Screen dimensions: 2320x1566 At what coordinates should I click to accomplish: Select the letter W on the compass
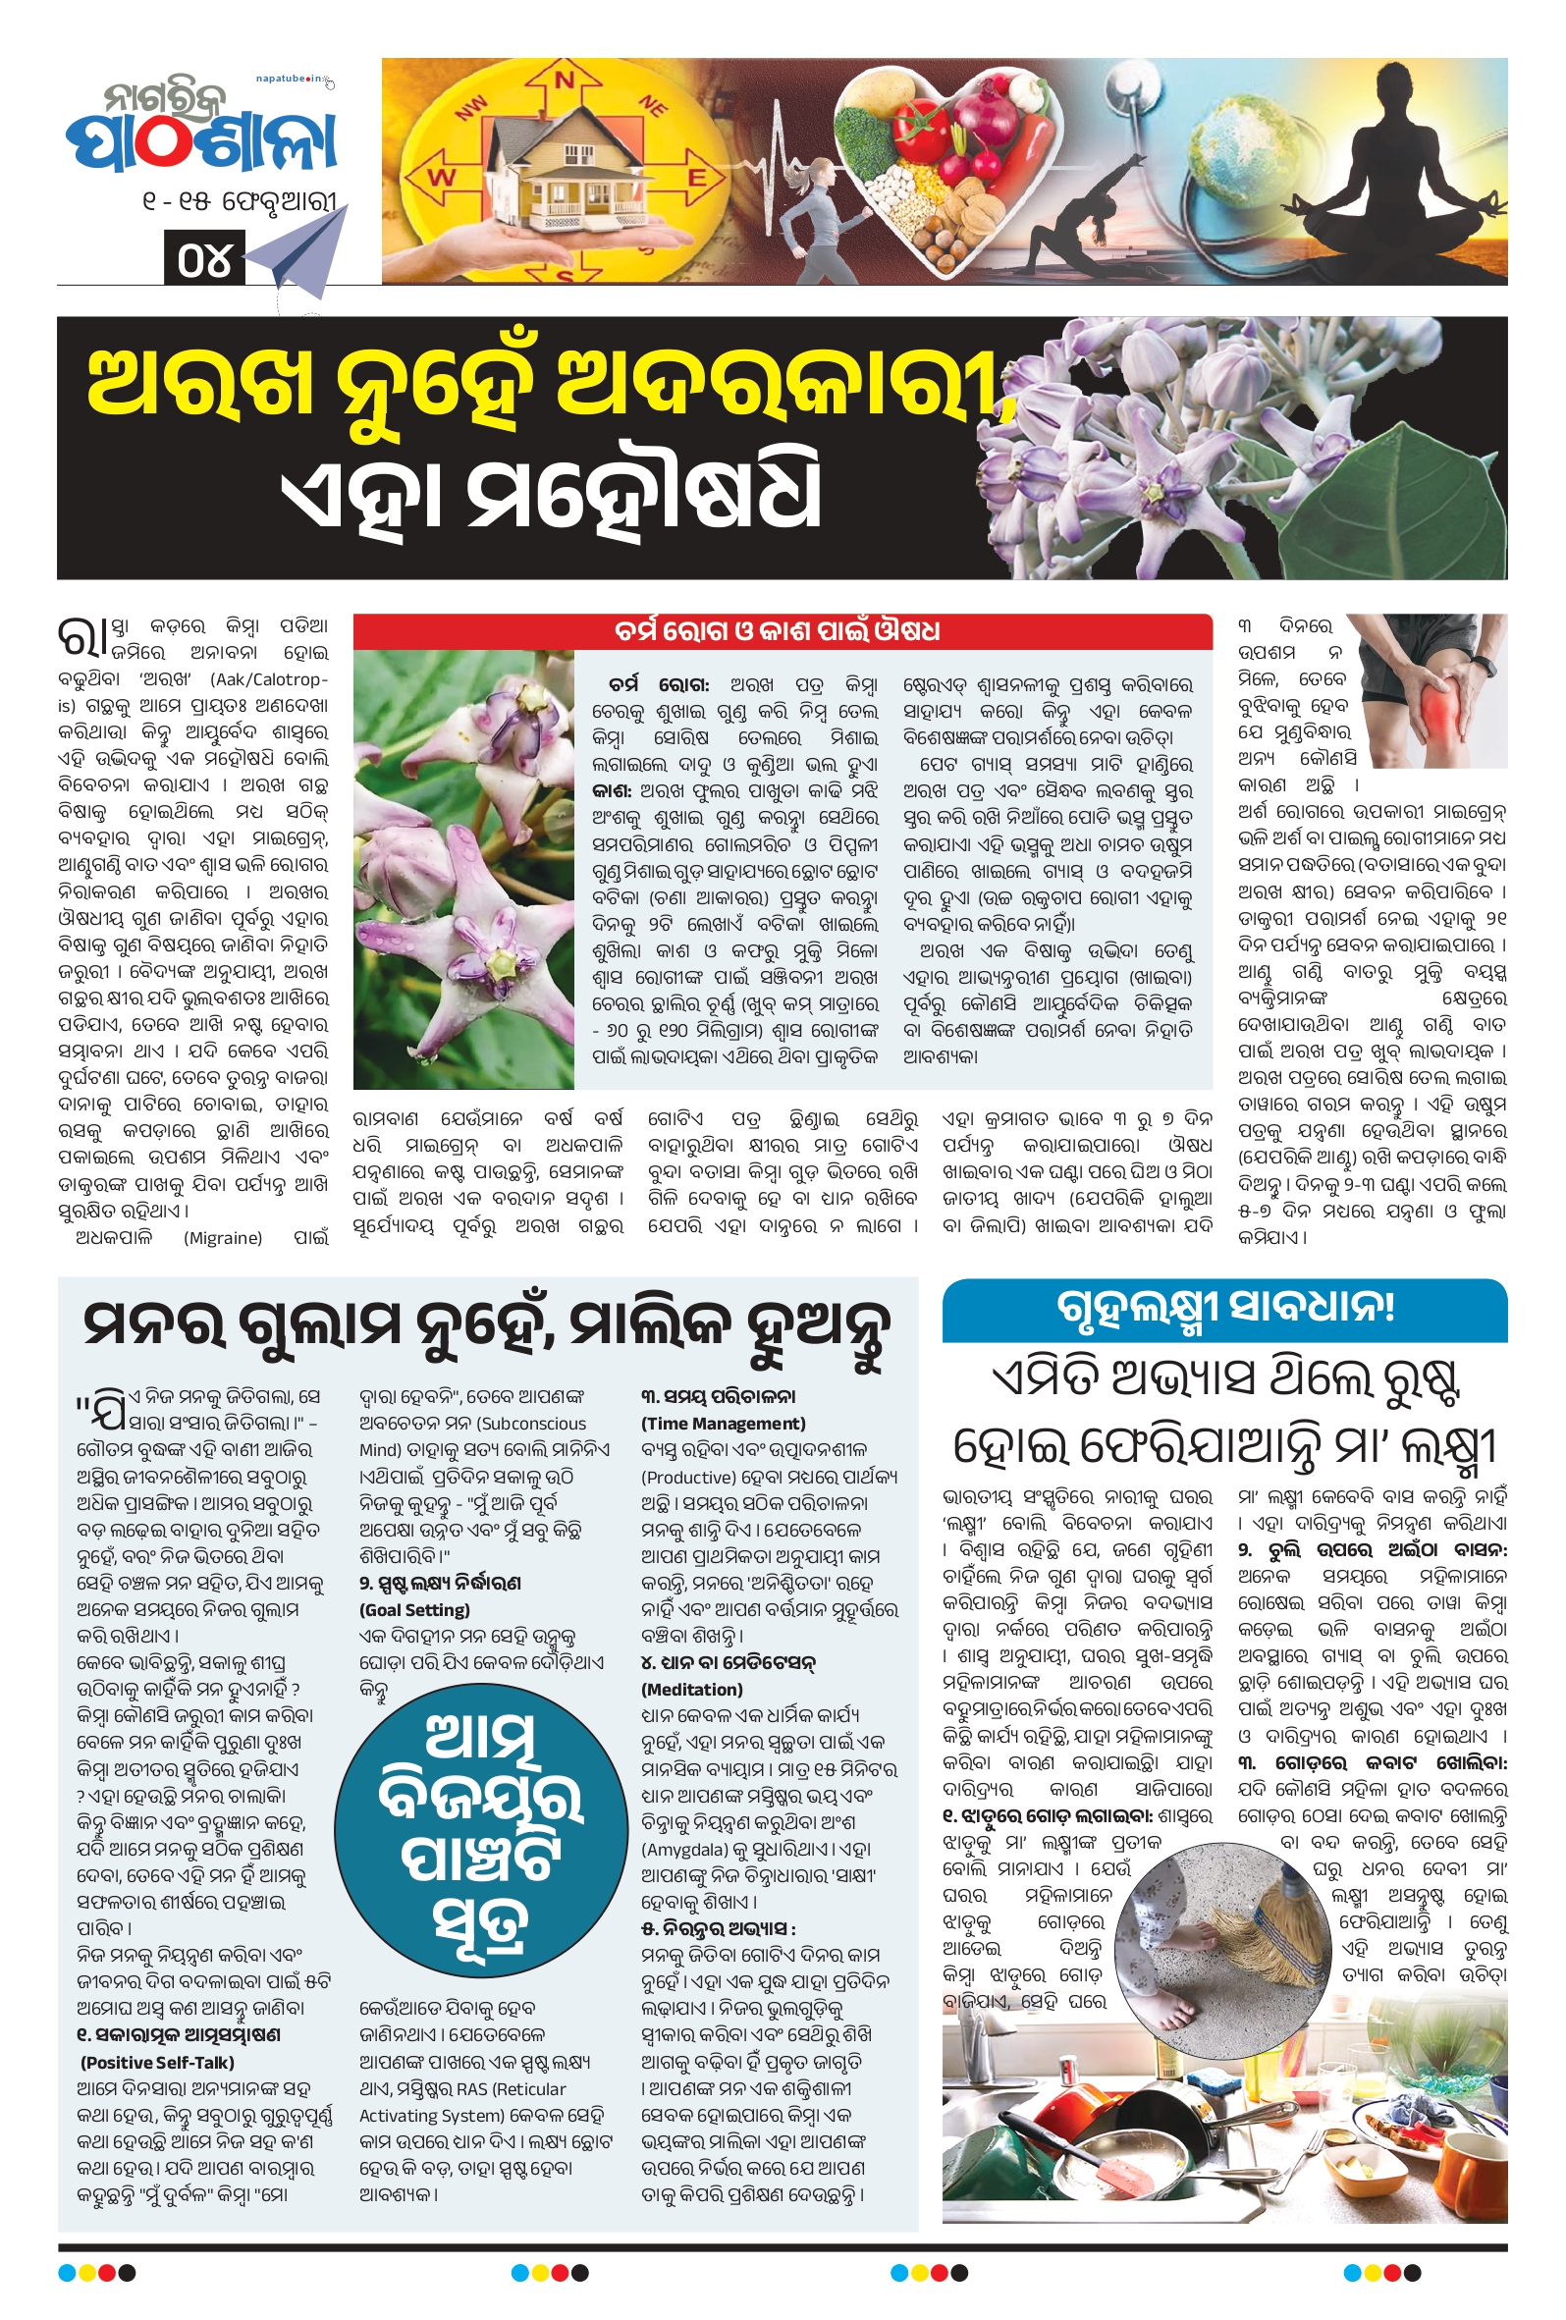click(x=440, y=179)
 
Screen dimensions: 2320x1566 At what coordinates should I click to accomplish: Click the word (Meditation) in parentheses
click(x=691, y=1689)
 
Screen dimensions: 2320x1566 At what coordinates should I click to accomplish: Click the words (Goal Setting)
click(x=413, y=1609)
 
